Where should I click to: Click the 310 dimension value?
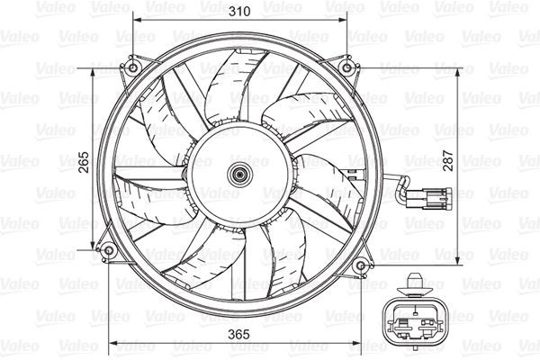click(239, 13)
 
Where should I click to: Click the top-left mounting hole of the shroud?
click(133, 68)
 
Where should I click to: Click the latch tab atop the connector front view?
click(414, 281)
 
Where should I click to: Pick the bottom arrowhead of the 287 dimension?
click(459, 257)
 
